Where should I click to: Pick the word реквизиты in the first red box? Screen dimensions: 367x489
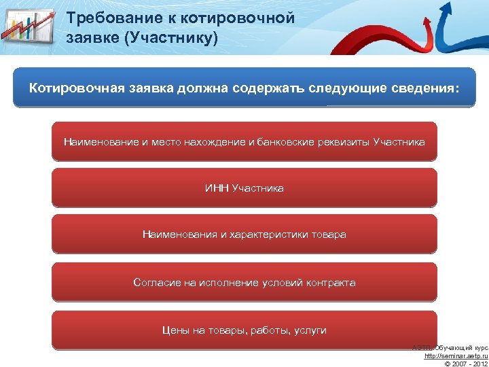pos(343,142)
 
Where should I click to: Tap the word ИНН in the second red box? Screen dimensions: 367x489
pos(217,188)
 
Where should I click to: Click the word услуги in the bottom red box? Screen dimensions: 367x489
pos(310,330)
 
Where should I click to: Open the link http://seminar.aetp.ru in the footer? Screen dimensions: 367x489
pos(456,356)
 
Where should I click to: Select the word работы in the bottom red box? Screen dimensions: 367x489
pos(269,330)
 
